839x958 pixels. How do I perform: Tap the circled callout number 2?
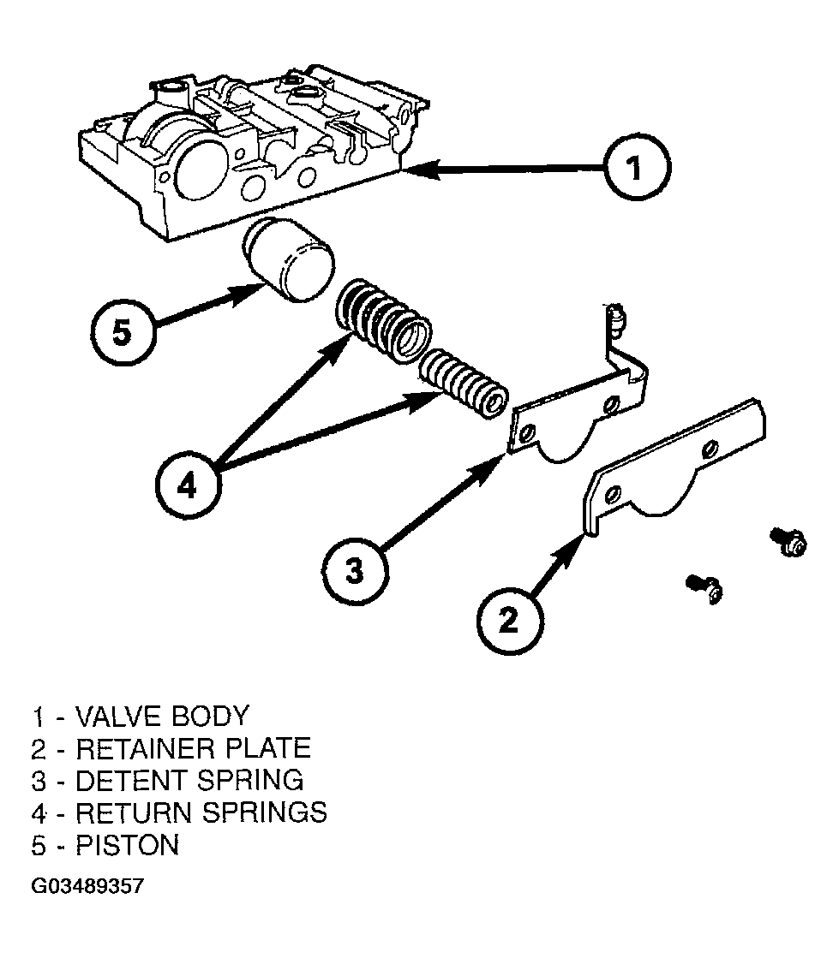[x=509, y=622]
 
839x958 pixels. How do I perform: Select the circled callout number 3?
[x=356, y=572]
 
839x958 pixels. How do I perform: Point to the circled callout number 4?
[x=188, y=487]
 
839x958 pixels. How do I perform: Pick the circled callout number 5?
[x=123, y=333]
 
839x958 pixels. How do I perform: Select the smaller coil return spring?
[x=463, y=384]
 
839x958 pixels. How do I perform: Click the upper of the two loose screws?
[x=789, y=541]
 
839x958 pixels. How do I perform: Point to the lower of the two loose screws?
[x=705, y=588]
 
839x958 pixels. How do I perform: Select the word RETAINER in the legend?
[x=146, y=748]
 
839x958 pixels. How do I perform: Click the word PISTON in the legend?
[x=128, y=845]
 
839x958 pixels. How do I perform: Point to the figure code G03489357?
[x=87, y=886]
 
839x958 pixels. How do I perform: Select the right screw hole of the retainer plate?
[x=710, y=449]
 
